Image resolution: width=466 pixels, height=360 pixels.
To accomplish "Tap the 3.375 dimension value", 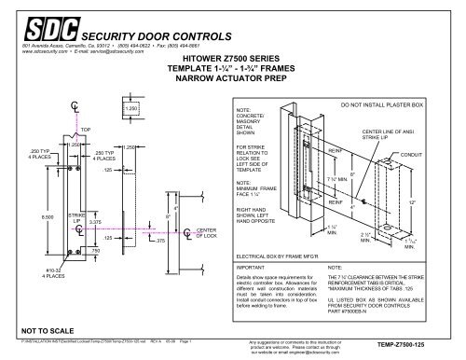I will click(x=95, y=222).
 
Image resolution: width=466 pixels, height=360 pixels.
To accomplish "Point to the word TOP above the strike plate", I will click(x=86, y=129).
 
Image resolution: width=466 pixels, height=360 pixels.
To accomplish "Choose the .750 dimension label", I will click(x=95, y=251).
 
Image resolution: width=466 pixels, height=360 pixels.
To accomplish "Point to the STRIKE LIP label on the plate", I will click(x=77, y=218).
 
